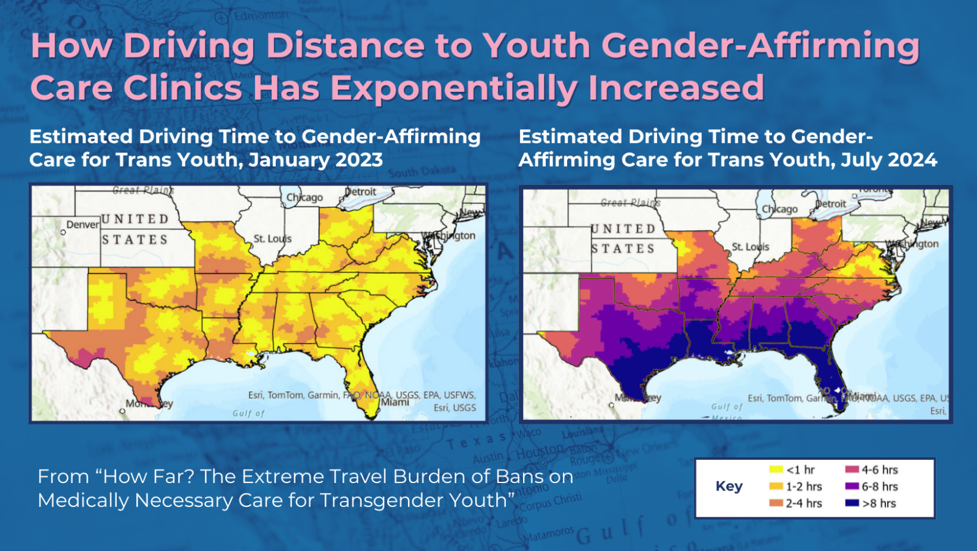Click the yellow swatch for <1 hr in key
click(x=776, y=470)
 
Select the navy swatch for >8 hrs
click(x=852, y=503)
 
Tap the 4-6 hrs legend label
click(x=880, y=470)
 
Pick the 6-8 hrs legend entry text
click(x=880, y=487)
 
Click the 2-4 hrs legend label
click(x=804, y=503)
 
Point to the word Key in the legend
click(x=729, y=486)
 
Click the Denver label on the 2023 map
click(x=83, y=225)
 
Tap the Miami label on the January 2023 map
click(x=395, y=402)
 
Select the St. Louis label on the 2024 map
click(x=750, y=247)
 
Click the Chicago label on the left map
click(x=305, y=197)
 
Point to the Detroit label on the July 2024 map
click(x=830, y=204)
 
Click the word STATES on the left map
click(x=135, y=239)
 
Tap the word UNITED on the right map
click(x=623, y=228)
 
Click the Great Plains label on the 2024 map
click(x=630, y=202)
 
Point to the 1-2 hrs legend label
click(x=804, y=487)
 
